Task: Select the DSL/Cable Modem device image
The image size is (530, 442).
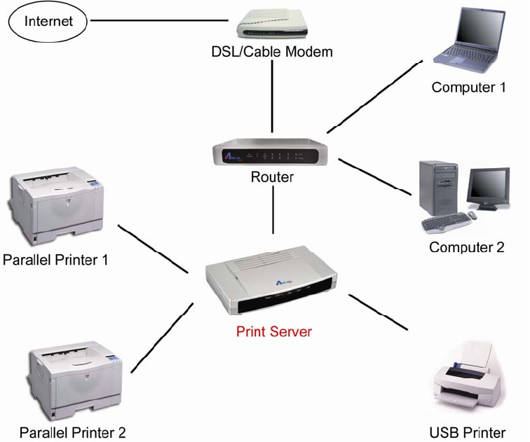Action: click(272, 24)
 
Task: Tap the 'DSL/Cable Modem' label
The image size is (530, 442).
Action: click(272, 52)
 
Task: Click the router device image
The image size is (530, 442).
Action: click(270, 152)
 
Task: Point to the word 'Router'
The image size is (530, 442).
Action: click(272, 177)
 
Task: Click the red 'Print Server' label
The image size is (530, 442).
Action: click(274, 331)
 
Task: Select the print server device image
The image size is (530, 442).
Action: click(271, 280)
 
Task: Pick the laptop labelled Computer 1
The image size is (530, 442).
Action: click(469, 40)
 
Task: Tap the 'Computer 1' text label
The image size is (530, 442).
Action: click(468, 88)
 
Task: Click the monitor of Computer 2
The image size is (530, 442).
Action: click(488, 188)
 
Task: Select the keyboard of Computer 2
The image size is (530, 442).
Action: click(447, 222)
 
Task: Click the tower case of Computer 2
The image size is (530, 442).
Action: click(438, 188)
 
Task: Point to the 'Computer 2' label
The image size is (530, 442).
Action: click(467, 247)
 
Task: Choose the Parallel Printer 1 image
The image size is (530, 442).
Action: click(57, 205)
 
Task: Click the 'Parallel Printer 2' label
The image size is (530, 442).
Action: click(73, 433)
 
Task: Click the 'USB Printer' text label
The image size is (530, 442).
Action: click(468, 433)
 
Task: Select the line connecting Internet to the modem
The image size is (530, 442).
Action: click(160, 20)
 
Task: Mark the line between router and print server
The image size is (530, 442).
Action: click(273, 209)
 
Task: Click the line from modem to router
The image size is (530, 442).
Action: click(272, 96)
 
